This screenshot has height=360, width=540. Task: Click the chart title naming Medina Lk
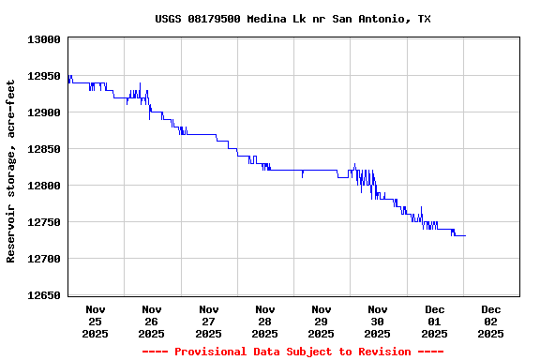pos(292,19)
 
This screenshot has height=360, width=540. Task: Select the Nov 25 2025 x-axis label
pos(96,321)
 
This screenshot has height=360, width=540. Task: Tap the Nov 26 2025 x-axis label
pos(152,321)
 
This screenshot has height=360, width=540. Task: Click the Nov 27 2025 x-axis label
pos(208,321)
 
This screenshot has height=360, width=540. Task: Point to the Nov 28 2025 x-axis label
pos(264,321)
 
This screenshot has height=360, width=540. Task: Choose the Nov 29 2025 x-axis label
pos(321,321)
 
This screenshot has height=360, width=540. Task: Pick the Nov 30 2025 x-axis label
pos(378,321)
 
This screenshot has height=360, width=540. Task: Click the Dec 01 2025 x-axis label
pos(434,321)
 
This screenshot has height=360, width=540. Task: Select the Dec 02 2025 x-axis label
pos(490,321)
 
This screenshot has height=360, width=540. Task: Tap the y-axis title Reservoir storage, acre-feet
pos(11,171)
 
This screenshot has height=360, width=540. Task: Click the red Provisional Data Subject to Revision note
pos(292,352)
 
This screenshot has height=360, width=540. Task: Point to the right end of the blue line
pos(465,235)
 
